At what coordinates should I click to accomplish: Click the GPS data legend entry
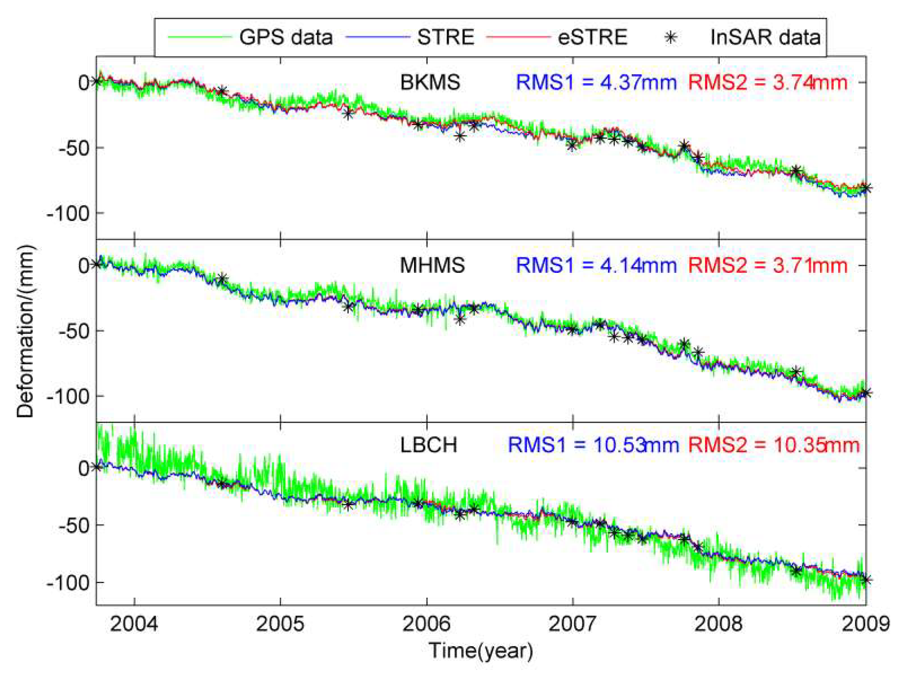click(x=285, y=37)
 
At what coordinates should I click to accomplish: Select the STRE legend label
click(x=446, y=37)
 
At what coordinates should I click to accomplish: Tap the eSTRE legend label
click(x=592, y=37)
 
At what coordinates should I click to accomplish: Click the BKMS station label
click(x=430, y=82)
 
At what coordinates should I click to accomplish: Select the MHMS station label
click(x=432, y=266)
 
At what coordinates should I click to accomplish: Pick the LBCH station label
click(x=428, y=445)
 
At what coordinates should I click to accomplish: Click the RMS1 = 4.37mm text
click(x=596, y=82)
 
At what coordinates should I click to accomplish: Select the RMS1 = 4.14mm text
click(x=596, y=266)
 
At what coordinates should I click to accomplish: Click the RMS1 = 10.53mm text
click(x=593, y=445)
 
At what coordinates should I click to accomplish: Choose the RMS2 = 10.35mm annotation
click(x=774, y=445)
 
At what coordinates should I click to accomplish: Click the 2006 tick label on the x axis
click(x=426, y=625)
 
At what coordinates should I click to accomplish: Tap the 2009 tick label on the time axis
click(x=865, y=625)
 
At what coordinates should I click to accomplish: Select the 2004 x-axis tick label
click(x=134, y=625)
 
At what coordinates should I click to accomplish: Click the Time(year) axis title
click(x=481, y=651)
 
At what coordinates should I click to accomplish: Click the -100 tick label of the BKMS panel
click(x=68, y=214)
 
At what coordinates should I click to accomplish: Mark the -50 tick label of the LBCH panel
click(x=73, y=525)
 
